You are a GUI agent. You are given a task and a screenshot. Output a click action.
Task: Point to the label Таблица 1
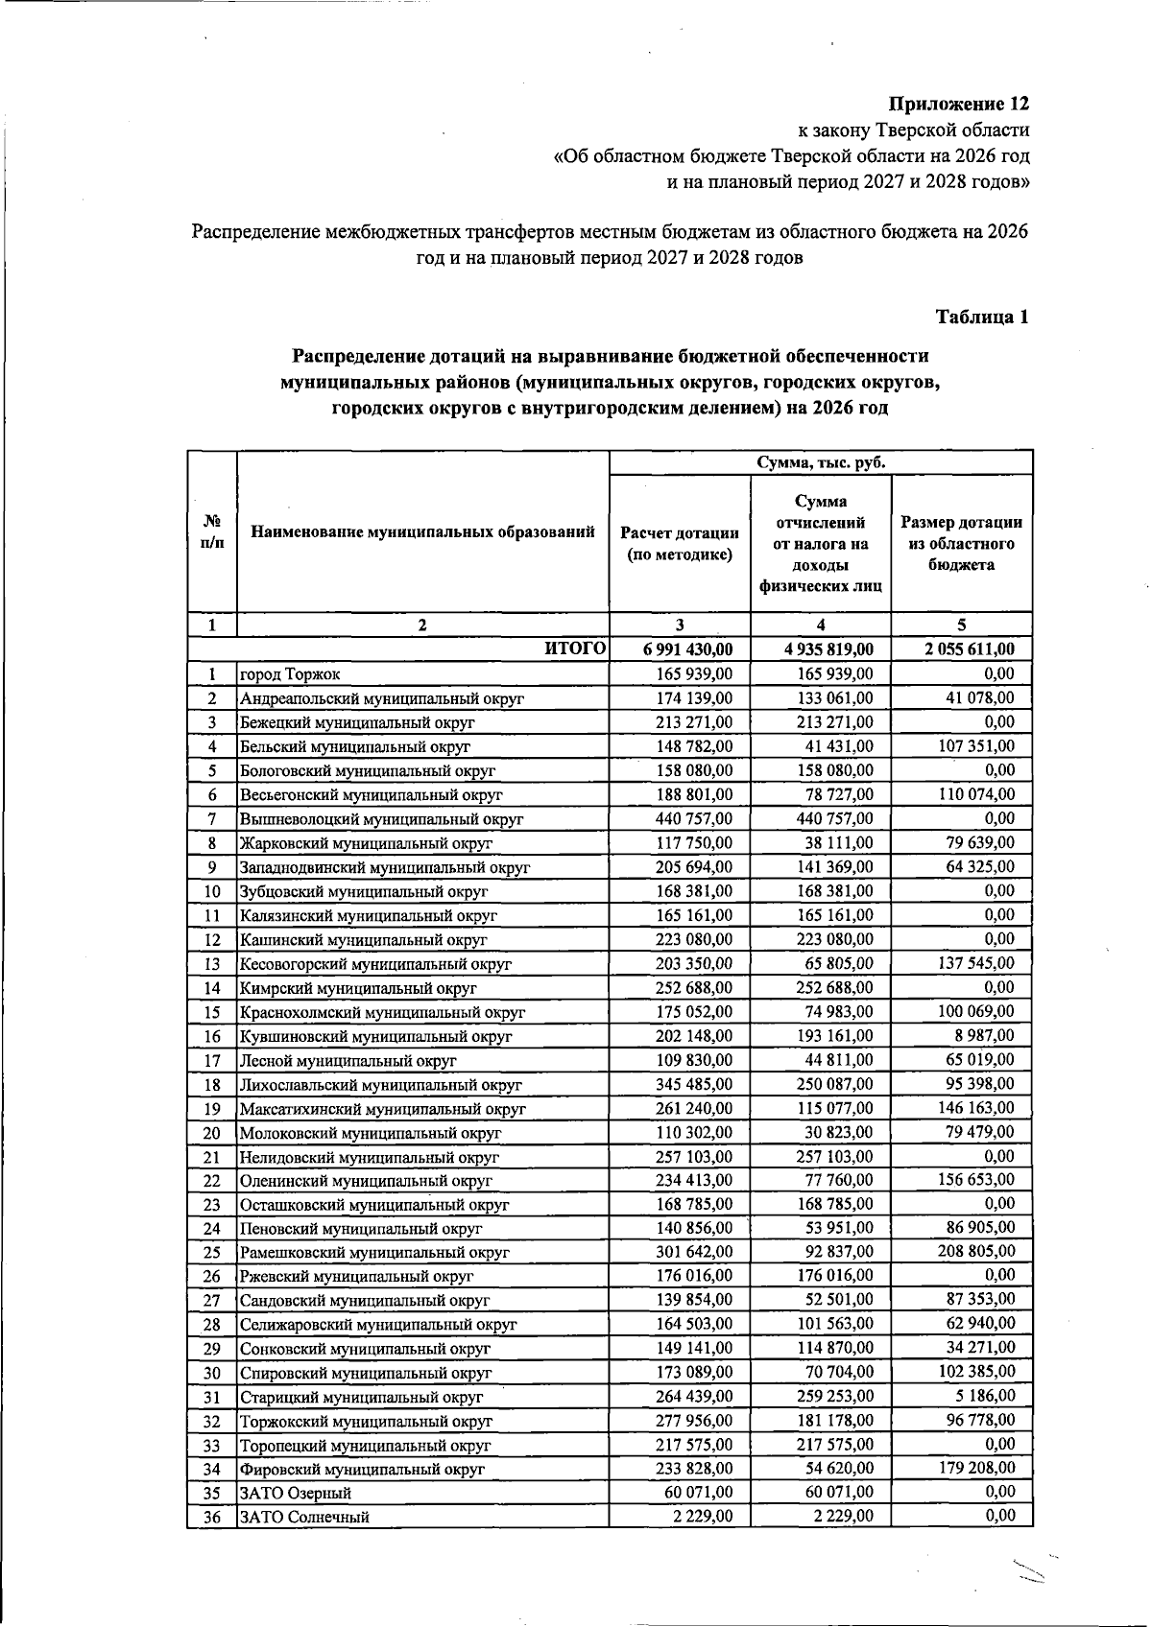click(982, 318)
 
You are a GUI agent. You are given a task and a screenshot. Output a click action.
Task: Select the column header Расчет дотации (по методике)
click(680, 544)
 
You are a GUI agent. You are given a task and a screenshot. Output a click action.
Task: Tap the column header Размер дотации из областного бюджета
click(961, 544)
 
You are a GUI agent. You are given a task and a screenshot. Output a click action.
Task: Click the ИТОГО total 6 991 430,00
click(688, 649)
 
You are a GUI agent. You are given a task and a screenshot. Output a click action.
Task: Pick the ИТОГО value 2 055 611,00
click(970, 649)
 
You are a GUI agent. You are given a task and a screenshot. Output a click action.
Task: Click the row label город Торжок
click(290, 675)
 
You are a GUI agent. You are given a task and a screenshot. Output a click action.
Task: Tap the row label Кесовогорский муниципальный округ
click(375, 964)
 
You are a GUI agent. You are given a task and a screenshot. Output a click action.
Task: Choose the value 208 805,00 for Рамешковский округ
click(975, 1252)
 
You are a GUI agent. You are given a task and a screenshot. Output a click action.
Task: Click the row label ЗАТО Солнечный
click(304, 1518)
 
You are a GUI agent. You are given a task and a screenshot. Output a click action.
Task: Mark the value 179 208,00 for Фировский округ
click(975, 1469)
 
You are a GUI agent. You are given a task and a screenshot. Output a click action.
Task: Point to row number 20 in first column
click(212, 1133)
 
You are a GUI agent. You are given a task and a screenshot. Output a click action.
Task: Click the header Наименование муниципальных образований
click(422, 531)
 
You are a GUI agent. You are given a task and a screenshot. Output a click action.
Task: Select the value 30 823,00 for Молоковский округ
click(839, 1133)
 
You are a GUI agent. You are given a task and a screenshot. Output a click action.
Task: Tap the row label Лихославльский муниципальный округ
click(380, 1085)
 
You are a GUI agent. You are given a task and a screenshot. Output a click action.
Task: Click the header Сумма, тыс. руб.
click(821, 462)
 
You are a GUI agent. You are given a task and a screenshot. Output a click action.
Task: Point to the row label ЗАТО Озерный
click(296, 1494)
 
